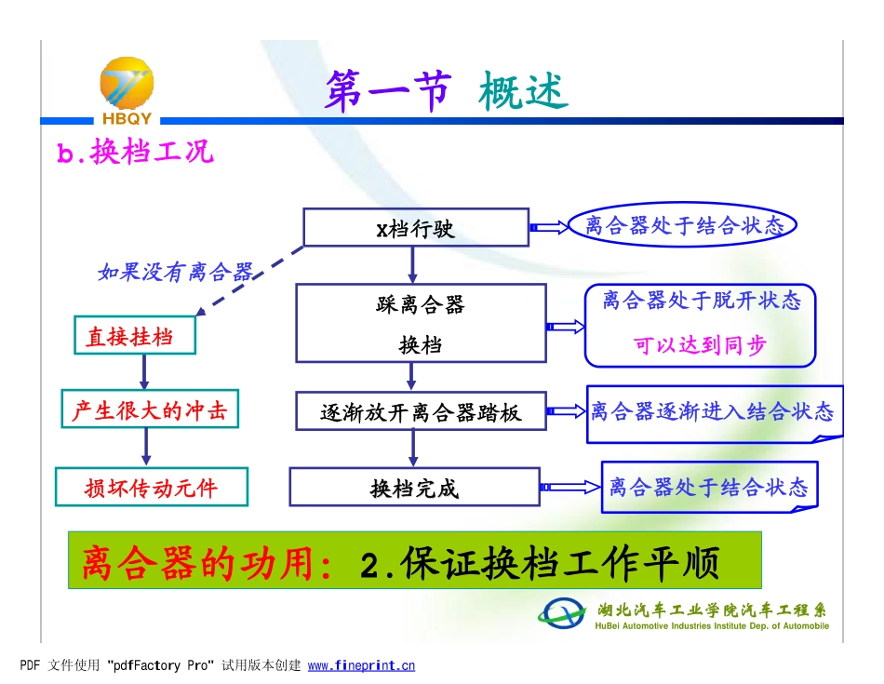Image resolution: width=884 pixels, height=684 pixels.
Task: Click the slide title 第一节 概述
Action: click(446, 93)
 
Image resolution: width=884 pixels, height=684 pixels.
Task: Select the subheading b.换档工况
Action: click(136, 153)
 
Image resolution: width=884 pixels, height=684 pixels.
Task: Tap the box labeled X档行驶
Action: click(416, 228)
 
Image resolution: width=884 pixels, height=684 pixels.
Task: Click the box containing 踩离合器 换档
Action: click(420, 323)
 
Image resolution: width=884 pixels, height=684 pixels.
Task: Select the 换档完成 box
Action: click(414, 488)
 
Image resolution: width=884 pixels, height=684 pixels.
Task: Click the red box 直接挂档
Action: click(135, 336)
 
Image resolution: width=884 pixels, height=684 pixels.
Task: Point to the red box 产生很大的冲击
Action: click(149, 410)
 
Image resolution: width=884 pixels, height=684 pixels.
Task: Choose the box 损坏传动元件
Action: click(152, 488)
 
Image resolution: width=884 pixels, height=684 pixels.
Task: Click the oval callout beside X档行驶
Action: click(684, 226)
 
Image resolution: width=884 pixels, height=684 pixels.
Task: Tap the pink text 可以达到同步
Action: click(700, 345)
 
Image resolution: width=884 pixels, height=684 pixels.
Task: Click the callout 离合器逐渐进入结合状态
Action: click(713, 411)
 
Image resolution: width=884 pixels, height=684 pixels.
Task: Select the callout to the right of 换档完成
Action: click(709, 487)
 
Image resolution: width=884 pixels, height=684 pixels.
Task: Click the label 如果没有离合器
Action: click(175, 272)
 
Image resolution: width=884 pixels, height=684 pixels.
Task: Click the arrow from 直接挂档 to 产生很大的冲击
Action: click(144, 372)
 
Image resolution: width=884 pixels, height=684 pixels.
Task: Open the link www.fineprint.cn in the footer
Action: click(361, 665)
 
